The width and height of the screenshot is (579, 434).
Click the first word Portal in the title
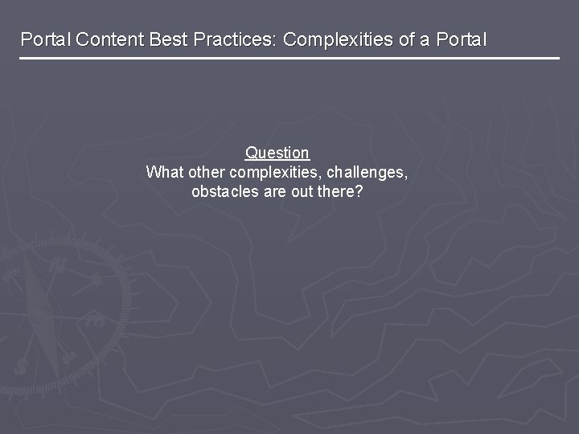(45, 39)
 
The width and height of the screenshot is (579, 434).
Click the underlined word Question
(277, 153)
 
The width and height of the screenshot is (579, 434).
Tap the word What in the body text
(164, 173)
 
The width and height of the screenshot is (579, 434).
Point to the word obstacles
(225, 193)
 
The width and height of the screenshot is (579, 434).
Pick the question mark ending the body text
(359, 193)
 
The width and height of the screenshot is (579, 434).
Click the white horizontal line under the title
(289, 59)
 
